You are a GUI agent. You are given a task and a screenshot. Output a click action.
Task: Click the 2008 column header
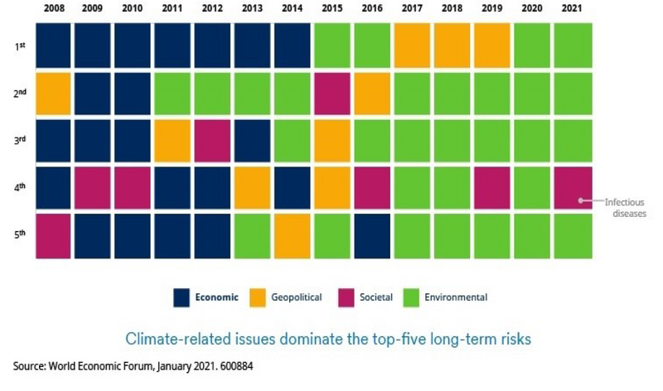pos(53,9)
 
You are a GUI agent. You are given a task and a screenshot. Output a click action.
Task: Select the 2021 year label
pos(573,9)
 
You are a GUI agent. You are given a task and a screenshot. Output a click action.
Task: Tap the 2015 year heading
pos(333,9)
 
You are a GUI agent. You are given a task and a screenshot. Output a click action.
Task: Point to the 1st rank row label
pos(20,46)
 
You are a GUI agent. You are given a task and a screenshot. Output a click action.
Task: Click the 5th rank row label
pos(20,234)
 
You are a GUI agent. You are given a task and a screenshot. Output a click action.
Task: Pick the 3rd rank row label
pos(20,140)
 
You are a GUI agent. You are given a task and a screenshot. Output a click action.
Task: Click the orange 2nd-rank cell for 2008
pos(53,93)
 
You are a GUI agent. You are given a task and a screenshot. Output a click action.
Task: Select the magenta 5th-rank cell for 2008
pos(53,234)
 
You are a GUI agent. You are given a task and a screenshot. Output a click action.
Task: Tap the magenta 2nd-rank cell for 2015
pos(333,93)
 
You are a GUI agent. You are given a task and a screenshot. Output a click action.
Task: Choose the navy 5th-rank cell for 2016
pos(373,234)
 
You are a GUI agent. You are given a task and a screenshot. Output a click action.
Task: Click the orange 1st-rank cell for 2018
pos(453,46)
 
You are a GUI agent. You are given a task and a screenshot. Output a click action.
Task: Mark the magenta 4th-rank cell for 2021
pos(573,187)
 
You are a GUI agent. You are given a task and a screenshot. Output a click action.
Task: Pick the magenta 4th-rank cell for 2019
pos(493,187)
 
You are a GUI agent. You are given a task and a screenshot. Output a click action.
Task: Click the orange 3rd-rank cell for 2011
pos(173,140)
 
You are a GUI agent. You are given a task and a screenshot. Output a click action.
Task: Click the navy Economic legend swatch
pos(183,297)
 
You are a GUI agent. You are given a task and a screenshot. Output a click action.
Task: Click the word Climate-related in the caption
pos(170,338)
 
